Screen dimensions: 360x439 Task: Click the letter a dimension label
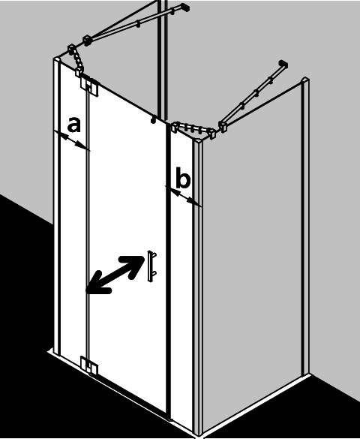click(x=74, y=125)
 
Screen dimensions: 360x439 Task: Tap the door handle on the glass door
click(x=152, y=266)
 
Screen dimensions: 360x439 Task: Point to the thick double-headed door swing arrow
click(x=115, y=275)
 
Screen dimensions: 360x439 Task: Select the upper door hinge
click(x=89, y=86)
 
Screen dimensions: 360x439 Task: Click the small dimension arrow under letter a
click(x=71, y=140)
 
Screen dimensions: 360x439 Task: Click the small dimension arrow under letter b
click(x=183, y=197)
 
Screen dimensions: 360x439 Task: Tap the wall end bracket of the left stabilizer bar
click(x=184, y=7)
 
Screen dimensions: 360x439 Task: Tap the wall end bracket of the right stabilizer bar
click(x=283, y=64)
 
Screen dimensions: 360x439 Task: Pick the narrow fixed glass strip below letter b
click(x=181, y=280)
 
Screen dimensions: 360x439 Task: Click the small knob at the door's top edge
click(x=153, y=120)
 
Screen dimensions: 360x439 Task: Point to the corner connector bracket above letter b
click(x=193, y=129)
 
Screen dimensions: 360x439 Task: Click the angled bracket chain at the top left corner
click(x=76, y=60)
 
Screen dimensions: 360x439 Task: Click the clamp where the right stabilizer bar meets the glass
click(x=222, y=127)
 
